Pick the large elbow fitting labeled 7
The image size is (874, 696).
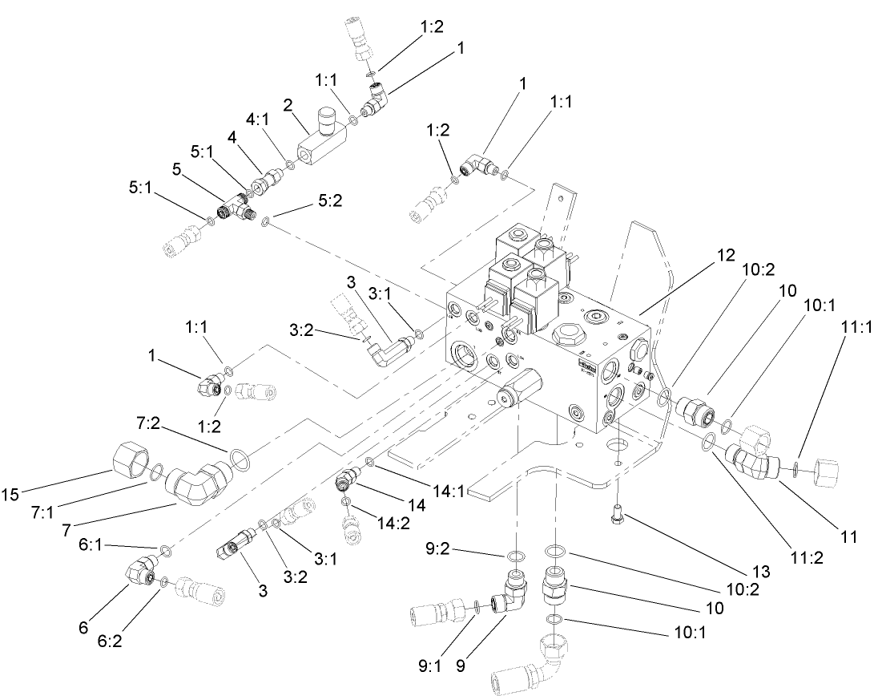click(200, 479)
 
